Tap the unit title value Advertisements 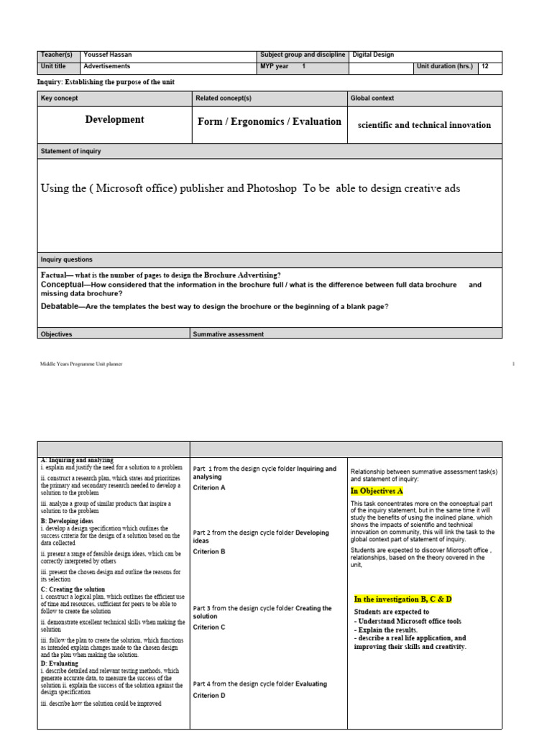tap(107, 67)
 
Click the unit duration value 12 tap(486, 67)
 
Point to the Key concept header tap(60, 98)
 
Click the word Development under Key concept tap(114, 120)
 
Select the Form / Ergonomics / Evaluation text tap(270, 122)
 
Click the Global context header tap(372, 98)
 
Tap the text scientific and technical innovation tap(424, 125)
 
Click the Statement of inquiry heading tap(70, 151)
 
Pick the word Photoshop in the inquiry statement tap(271, 188)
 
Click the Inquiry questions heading tap(67, 259)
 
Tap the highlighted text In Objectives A tap(377, 491)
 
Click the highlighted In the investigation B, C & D tap(402, 599)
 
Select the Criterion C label tap(209, 627)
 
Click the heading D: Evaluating tap(65, 663)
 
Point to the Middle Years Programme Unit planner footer tap(81, 364)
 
